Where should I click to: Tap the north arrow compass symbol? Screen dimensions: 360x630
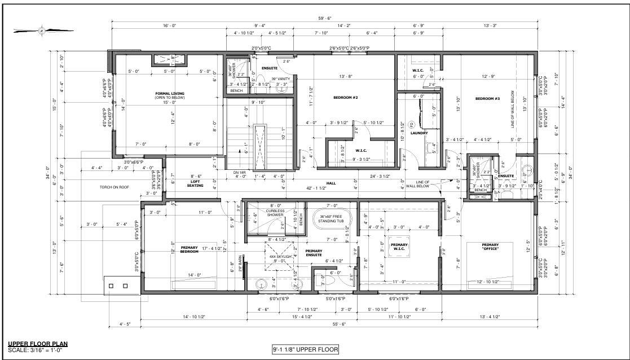click(42, 30)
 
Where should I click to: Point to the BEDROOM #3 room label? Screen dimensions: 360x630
click(487, 99)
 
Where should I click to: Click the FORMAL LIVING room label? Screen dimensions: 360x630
click(170, 95)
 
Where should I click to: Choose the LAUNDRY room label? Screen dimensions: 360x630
click(418, 133)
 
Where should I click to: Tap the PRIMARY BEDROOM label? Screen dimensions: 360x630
click(189, 249)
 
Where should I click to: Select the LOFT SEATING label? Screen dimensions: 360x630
click(195, 183)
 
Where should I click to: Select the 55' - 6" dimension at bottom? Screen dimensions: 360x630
click(338, 324)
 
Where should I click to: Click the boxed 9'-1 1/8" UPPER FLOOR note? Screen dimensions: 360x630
click(305, 350)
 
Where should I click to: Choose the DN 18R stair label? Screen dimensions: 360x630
click(239, 172)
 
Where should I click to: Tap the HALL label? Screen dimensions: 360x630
click(331, 183)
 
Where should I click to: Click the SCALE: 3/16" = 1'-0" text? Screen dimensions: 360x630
click(36, 350)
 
